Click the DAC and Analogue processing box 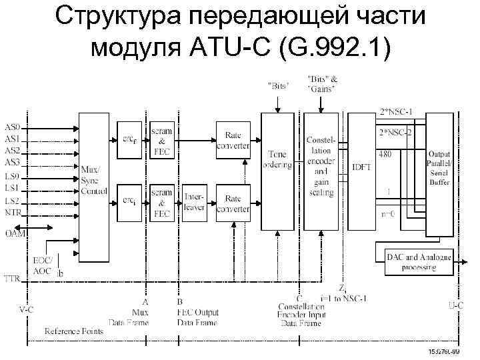pyautogui.click(x=419, y=262)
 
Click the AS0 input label pyautogui.click(x=12, y=127)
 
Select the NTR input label pyautogui.click(x=13, y=213)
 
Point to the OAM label pyautogui.click(x=14, y=233)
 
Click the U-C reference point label pyautogui.click(x=455, y=305)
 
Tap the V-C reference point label pyautogui.click(x=27, y=309)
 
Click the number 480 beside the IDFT pyautogui.click(x=385, y=153)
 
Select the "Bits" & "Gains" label pyautogui.click(x=322, y=84)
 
